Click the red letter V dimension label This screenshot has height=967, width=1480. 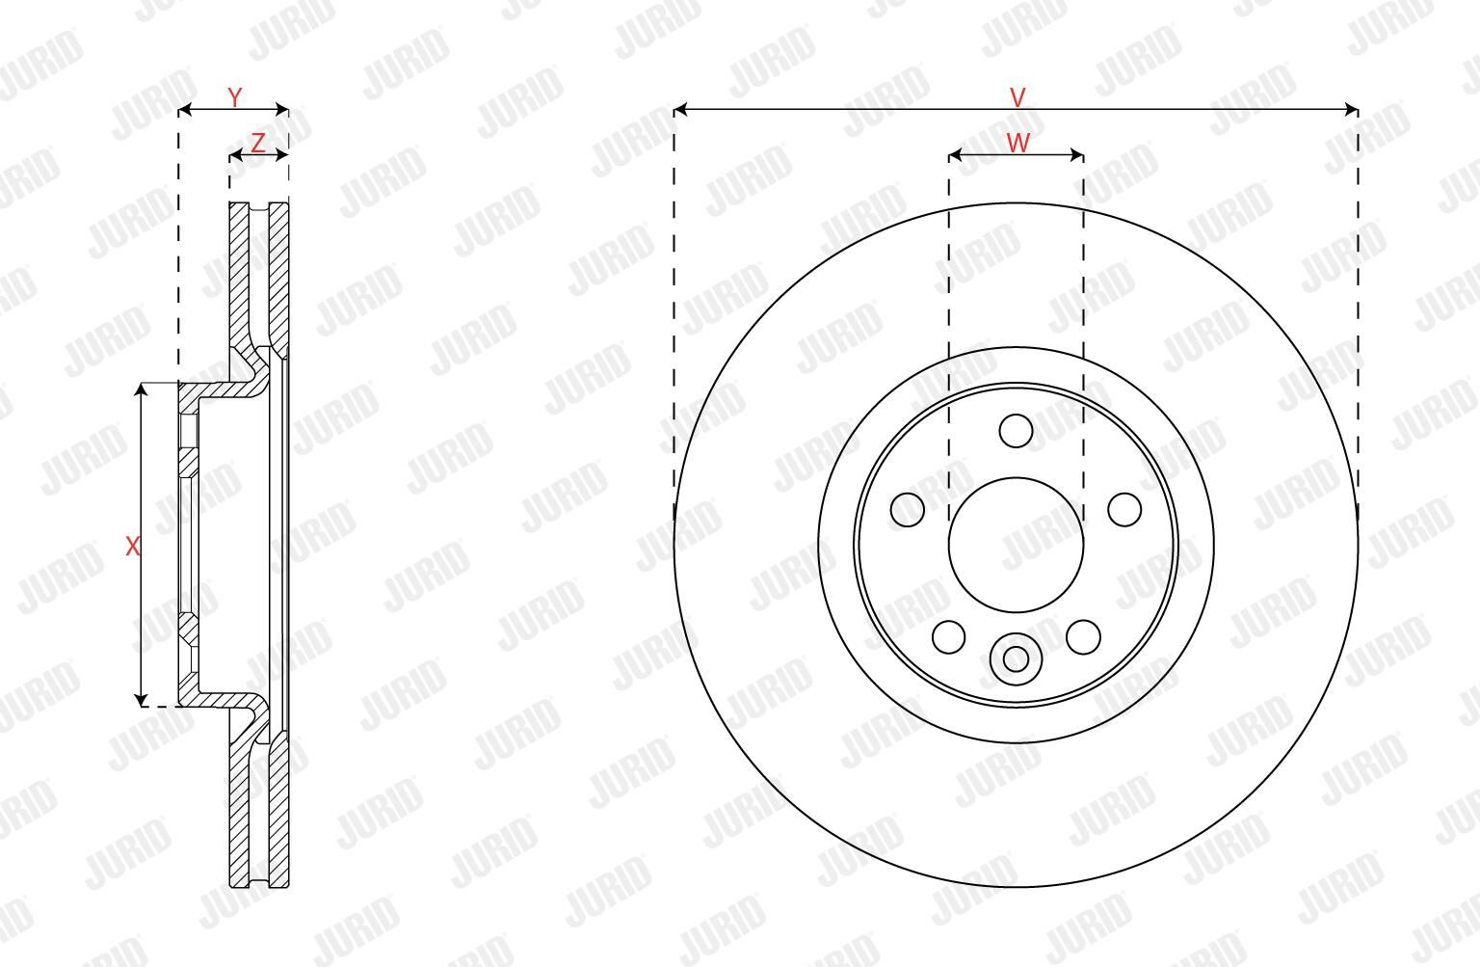coord(1017,97)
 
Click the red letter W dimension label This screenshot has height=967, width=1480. coord(1017,142)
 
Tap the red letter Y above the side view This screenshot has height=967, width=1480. coord(234,97)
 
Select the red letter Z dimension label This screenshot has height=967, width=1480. coord(258,142)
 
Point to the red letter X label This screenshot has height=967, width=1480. coord(133,546)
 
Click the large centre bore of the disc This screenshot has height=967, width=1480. coord(1017,546)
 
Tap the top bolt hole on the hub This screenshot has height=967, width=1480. coord(1017,431)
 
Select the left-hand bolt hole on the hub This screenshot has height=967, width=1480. coord(907,510)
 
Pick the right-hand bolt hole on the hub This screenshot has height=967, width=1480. coord(1124,510)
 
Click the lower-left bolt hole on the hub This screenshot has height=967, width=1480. coord(949,637)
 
